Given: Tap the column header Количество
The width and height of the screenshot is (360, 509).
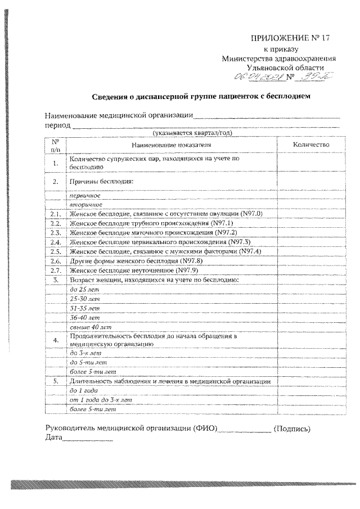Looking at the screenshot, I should point(310,145).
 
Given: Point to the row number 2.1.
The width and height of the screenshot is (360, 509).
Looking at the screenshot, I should point(55,214).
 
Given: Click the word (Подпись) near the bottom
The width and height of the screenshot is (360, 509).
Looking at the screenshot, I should point(291,429).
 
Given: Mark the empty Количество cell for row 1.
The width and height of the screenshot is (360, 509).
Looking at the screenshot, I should point(310,163).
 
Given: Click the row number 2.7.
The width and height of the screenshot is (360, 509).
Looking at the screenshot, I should point(55,269).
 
